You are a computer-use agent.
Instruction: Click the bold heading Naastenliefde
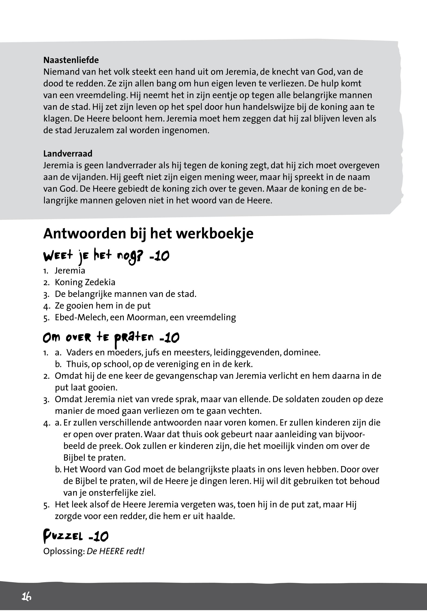point(71,60)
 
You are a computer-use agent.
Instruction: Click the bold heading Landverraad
point(68,154)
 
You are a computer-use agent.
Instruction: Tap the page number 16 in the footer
point(26,596)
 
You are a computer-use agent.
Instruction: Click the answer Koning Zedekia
point(85,282)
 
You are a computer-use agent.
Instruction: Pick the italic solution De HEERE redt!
point(115,551)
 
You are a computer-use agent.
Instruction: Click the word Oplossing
point(64,551)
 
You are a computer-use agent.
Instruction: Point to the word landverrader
point(131,166)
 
